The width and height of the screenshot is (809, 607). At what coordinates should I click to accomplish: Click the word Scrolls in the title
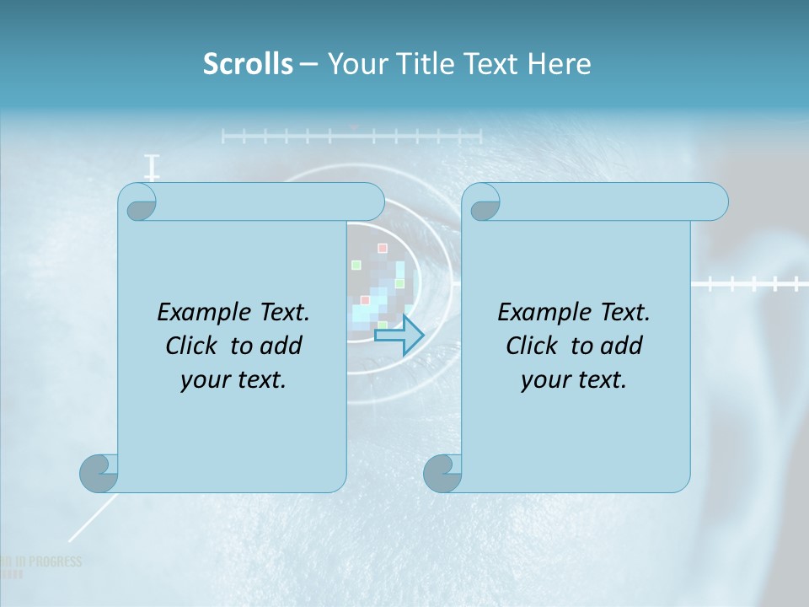(x=248, y=64)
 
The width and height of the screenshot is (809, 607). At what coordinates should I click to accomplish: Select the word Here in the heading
(x=560, y=64)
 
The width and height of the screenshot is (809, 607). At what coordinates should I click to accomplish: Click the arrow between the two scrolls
(x=399, y=335)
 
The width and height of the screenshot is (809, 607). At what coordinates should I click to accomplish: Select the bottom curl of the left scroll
(x=99, y=472)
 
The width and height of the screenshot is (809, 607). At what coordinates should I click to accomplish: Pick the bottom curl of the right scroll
(x=442, y=472)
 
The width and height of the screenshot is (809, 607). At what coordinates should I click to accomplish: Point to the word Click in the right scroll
(x=532, y=346)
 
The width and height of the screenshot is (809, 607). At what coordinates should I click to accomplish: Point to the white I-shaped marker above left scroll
(x=152, y=167)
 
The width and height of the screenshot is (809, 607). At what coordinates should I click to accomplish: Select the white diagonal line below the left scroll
(x=88, y=519)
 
